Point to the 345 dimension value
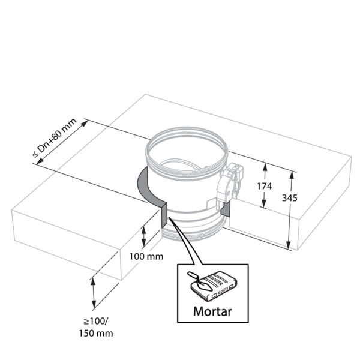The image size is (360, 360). [307, 197]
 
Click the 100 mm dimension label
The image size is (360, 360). [146, 257]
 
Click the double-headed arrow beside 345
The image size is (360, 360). [292, 210]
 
